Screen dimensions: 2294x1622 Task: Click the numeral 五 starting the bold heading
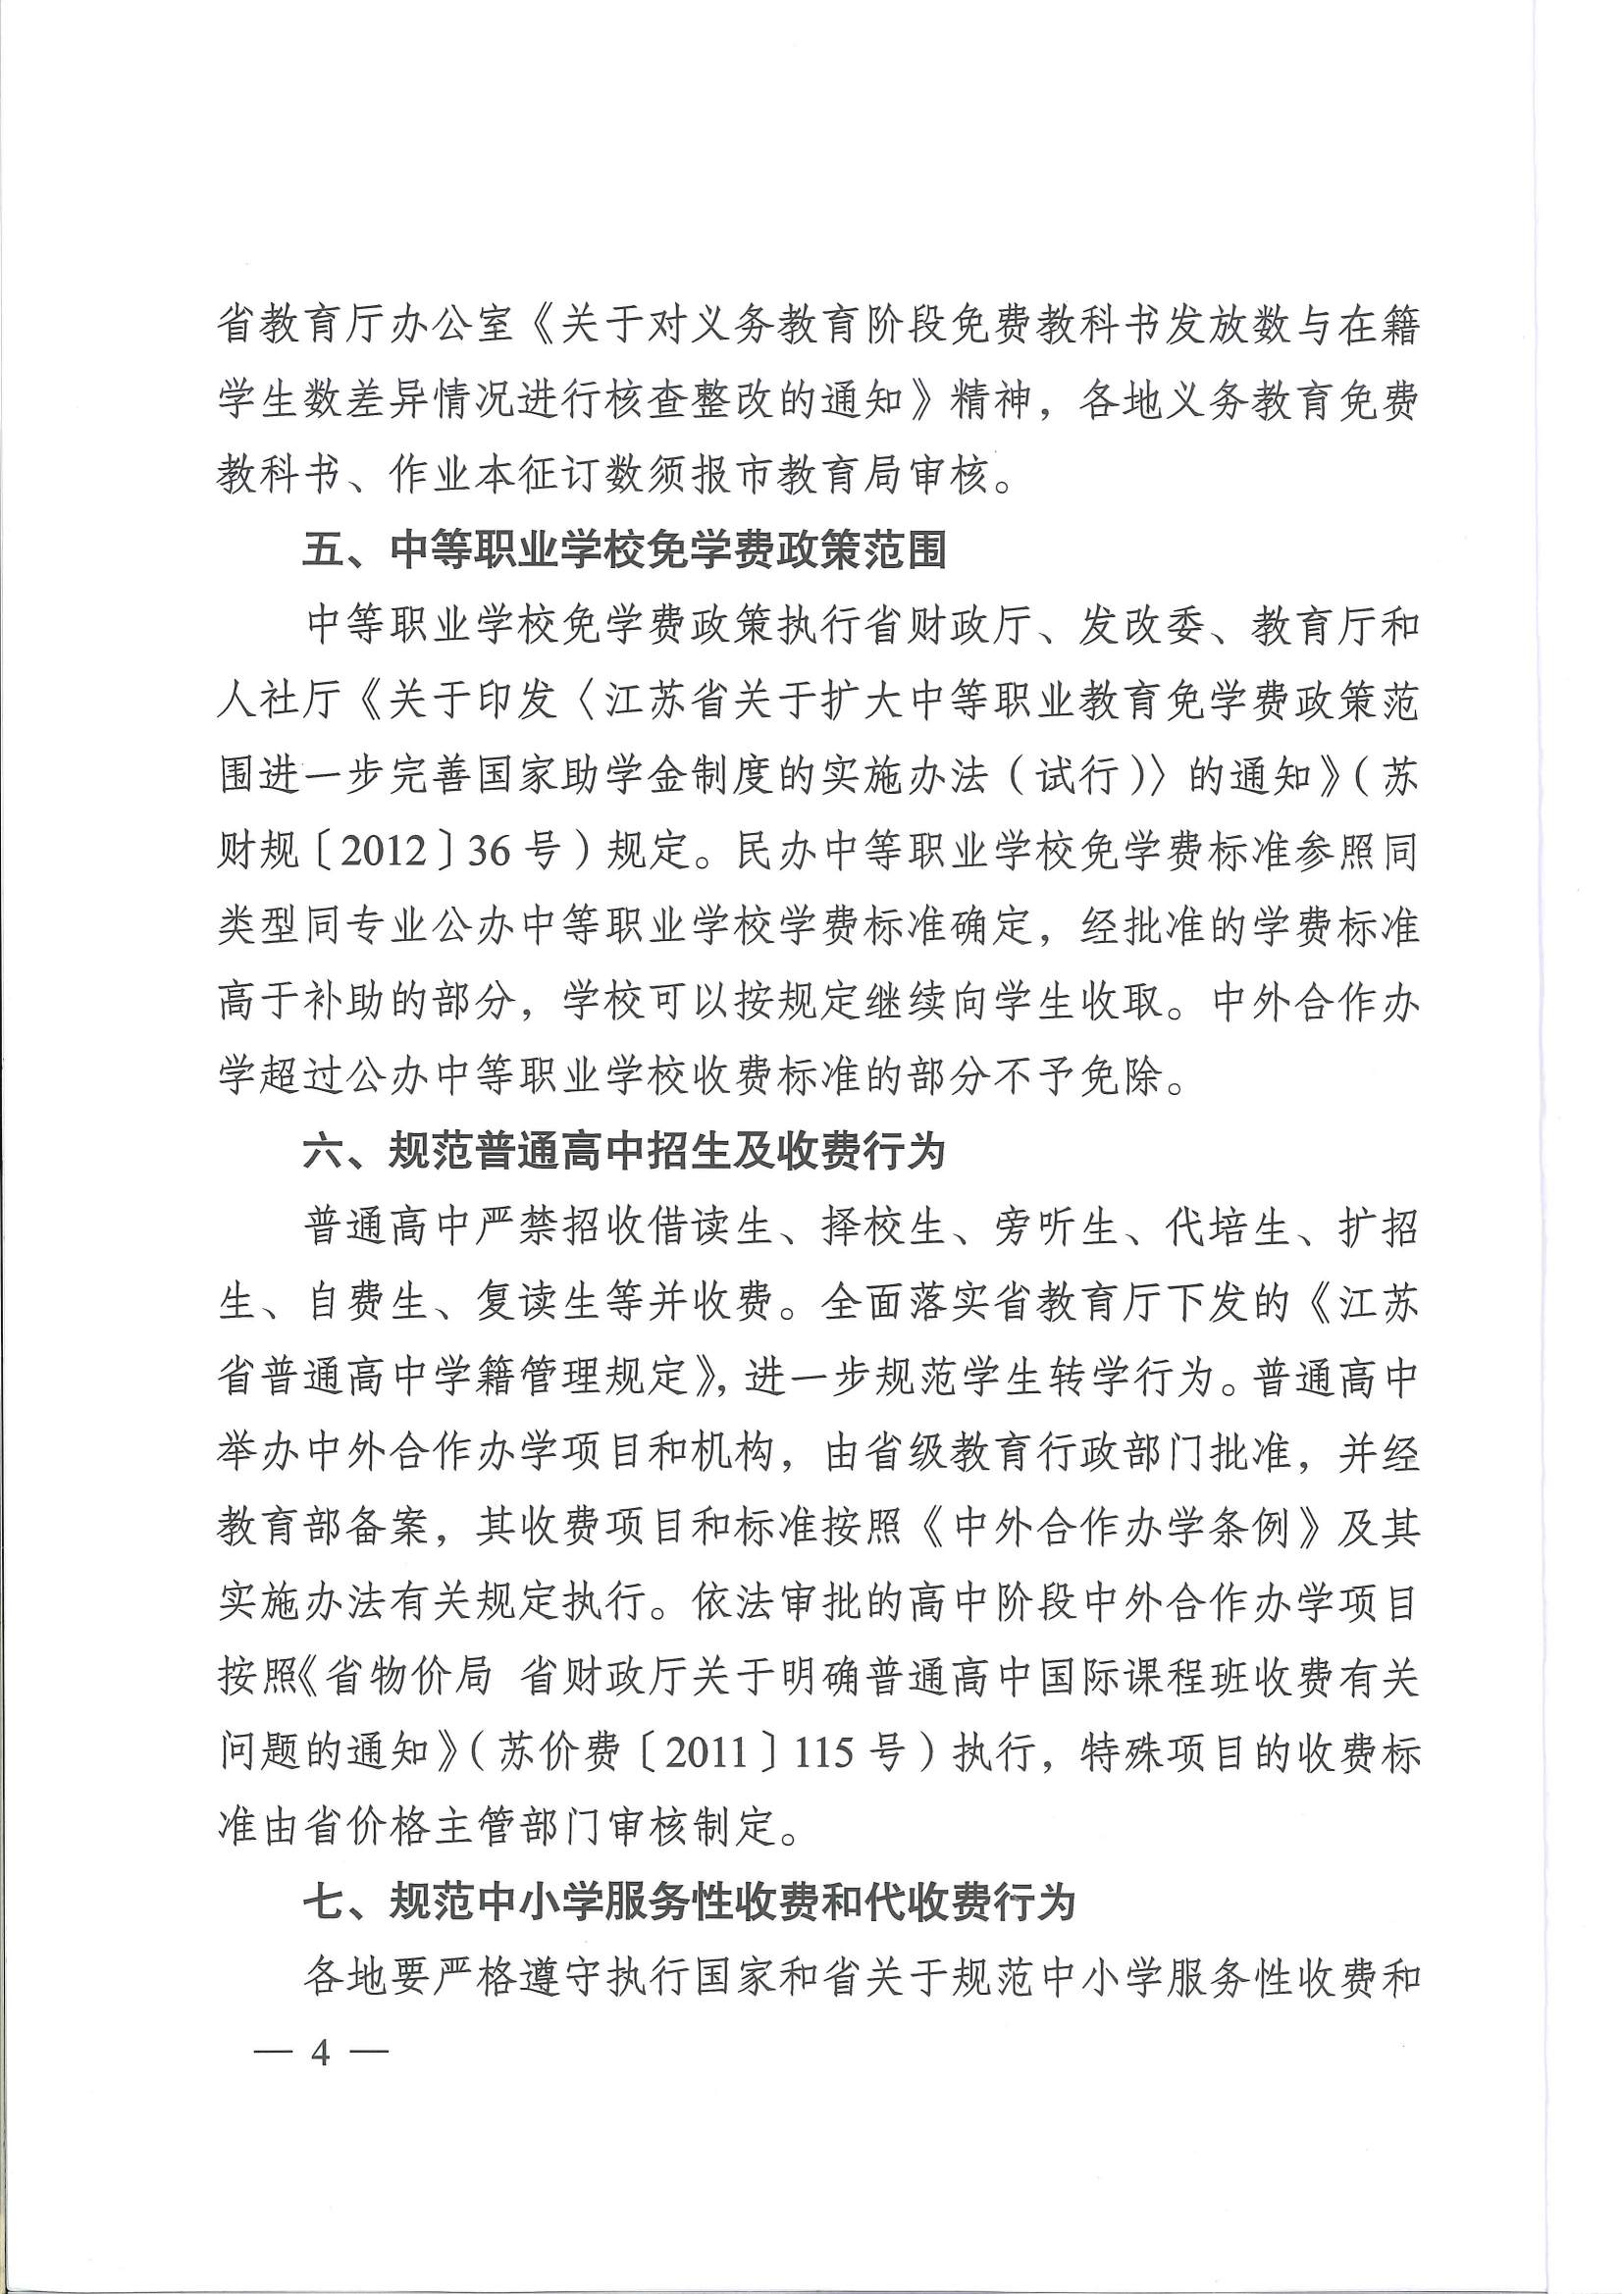[x=323, y=550]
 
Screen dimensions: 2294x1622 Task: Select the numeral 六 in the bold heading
[x=323, y=1152]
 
